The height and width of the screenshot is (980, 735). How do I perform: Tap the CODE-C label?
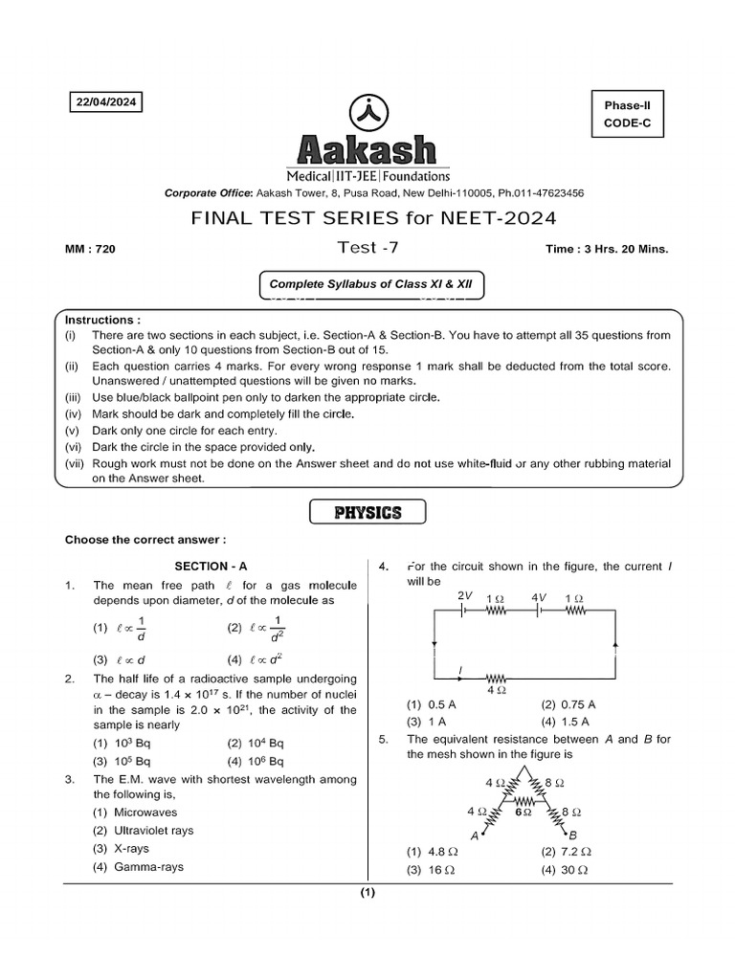click(627, 123)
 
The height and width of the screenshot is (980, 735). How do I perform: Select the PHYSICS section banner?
click(367, 513)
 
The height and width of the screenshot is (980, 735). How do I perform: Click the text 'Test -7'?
click(367, 248)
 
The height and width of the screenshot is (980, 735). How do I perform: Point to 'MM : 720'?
click(90, 249)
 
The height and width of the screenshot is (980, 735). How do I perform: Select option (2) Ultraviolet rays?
click(143, 830)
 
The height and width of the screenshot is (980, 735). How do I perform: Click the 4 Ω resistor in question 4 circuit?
click(497, 677)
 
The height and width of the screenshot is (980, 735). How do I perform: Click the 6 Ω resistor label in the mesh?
click(523, 811)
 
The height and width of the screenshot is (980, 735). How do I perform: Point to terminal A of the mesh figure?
click(476, 835)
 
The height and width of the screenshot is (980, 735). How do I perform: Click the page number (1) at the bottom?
click(367, 894)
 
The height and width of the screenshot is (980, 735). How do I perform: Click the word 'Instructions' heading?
click(102, 320)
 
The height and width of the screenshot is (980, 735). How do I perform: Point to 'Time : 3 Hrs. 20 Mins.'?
click(607, 249)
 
